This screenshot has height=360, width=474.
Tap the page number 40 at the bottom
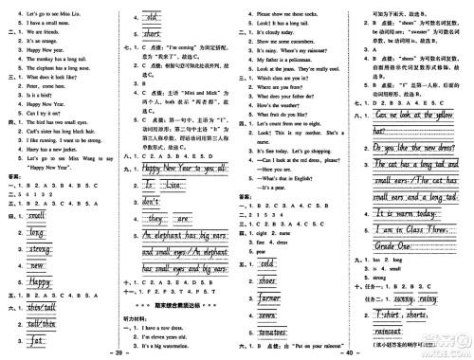point(349,352)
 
